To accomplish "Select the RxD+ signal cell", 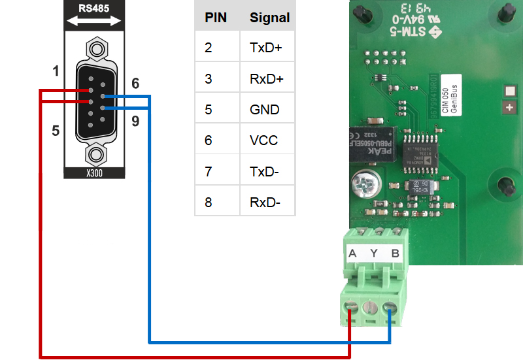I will point(267,78).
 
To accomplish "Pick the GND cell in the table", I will point(265,109).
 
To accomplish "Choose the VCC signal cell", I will point(263,140).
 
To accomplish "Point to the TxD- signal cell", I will point(264,171).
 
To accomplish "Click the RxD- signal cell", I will point(265,202).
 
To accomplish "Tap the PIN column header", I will point(216,18).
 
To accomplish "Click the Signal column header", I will point(269,18).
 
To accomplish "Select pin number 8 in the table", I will point(209,202).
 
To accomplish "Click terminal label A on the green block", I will point(352,254).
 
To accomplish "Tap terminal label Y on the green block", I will point(373,254).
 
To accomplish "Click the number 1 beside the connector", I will point(56,71).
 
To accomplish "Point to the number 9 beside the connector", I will point(135,121).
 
